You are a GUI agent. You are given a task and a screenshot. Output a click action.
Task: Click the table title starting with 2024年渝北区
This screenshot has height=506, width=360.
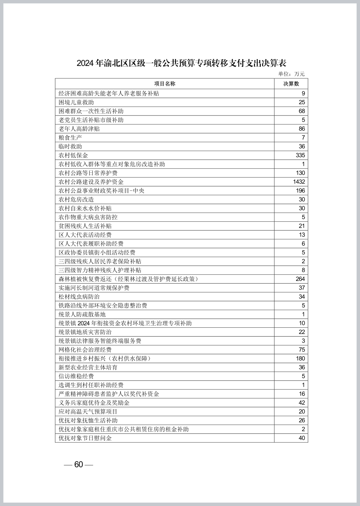tap(181, 63)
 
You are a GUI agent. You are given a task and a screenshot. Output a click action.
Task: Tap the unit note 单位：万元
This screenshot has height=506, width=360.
tap(291, 74)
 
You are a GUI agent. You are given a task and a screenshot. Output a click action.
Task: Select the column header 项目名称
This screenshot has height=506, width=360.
tap(165, 84)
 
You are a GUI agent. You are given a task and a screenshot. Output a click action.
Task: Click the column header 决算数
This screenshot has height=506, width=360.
tap(291, 84)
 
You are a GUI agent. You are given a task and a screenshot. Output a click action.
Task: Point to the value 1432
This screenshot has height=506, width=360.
tap(299, 182)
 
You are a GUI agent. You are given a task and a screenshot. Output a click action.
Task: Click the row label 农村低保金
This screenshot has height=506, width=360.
tap(73, 155)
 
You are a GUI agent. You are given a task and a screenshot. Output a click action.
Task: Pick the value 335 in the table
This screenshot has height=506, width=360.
tap(300, 155)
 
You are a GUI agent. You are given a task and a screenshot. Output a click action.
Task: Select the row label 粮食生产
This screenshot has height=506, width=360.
tap(70, 138)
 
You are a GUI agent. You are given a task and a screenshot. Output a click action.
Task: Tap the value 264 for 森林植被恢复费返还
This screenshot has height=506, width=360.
tap(300, 279)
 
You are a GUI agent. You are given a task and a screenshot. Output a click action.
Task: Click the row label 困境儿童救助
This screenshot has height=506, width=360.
tap(76, 102)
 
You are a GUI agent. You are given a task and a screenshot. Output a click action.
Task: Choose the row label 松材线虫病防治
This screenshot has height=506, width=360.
tap(79, 296)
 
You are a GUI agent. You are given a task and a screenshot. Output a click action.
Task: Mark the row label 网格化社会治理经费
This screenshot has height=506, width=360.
tap(85, 349)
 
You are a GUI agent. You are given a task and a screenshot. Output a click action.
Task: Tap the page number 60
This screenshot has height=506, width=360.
tap(78, 464)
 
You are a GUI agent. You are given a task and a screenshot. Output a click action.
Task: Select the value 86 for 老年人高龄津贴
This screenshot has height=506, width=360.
tap(302, 129)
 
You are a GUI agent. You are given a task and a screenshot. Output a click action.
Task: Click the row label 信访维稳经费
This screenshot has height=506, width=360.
tap(76, 376)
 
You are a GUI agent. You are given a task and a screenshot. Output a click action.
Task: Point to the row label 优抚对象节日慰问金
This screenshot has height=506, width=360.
tap(85, 438)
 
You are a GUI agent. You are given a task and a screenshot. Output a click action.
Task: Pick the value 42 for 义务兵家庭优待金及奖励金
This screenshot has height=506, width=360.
tap(302, 403)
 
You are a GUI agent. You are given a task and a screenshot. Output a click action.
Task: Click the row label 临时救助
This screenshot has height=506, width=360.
tap(70, 146)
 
